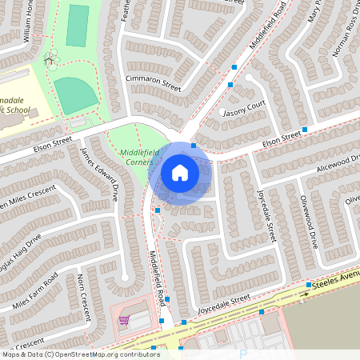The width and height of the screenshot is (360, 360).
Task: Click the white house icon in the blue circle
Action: pyautogui.click(x=180, y=172)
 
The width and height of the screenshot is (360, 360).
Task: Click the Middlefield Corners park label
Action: pyautogui.click(x=134, y=157)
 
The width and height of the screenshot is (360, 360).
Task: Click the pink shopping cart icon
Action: pyautogui.click(x=124, y=320)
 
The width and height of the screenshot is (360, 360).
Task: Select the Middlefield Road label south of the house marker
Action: pyautogui.click(x=157, y=276)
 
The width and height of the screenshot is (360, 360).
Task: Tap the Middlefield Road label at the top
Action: pyautogui.click(x=269, y=24)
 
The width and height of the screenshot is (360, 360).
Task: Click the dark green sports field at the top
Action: pyautogui.click(x=78, y=26)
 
